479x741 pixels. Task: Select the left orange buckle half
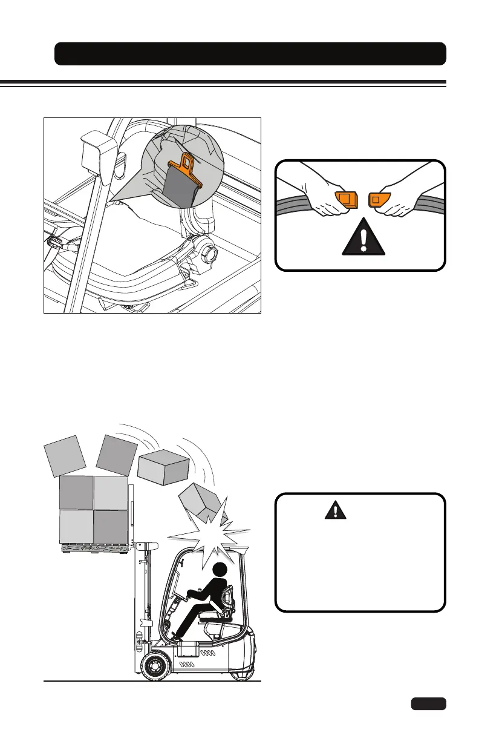(347, 199)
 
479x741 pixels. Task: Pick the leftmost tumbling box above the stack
(65, 455)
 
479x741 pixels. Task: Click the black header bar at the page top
(250, 54)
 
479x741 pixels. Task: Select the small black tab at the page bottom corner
(428, 703)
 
